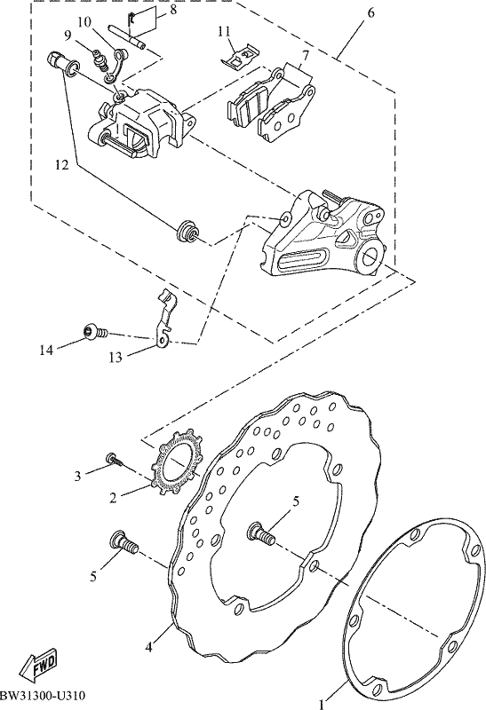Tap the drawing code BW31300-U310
[43, 695]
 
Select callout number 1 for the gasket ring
[322, 704]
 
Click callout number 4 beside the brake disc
[149, 648]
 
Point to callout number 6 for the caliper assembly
[370, 12]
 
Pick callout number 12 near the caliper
[61, 165]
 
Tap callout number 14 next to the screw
[46, 350]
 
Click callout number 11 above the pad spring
[224, 31]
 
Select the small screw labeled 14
[95, 334]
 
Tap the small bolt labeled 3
[115, 460]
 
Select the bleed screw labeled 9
[100, 61]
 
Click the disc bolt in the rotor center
[261, 534]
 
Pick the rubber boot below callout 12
[187, 231]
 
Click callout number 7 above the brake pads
[306, 56]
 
